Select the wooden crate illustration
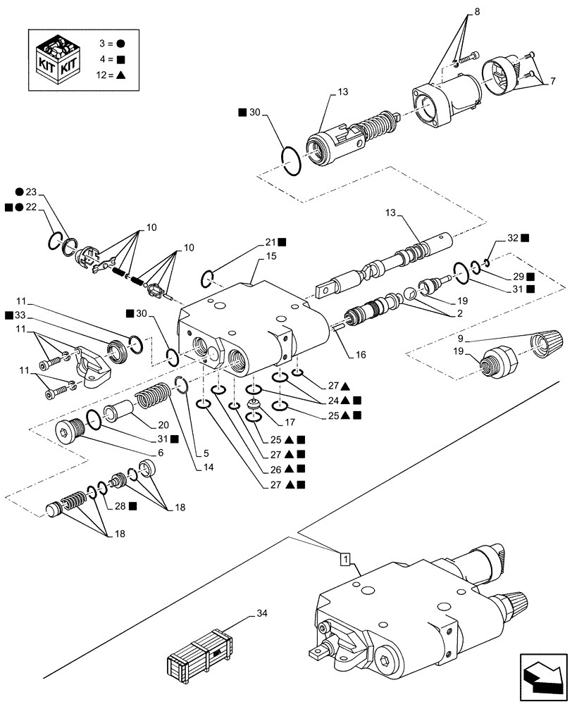(199, 659)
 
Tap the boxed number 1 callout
(345, 559)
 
